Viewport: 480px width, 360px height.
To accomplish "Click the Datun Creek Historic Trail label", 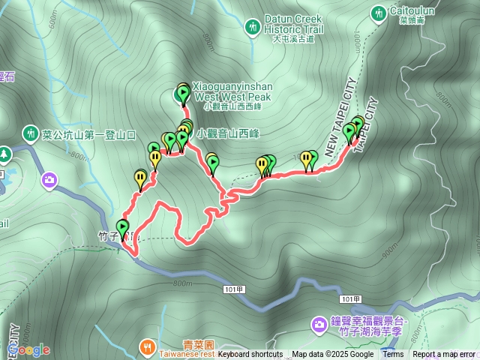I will click(292, 23).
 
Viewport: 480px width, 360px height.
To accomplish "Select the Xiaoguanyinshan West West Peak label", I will click(232, 91).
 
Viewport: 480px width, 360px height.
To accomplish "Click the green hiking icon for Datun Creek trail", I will click(253, 27).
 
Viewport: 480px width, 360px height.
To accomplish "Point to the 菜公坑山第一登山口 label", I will click(89, 135).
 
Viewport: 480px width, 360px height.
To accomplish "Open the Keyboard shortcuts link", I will click(250, 355).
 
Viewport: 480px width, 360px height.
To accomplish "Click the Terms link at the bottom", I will click(393, 355).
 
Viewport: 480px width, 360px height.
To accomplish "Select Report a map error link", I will click(444, 355).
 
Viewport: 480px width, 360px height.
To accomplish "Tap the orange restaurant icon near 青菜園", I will click(147, 346).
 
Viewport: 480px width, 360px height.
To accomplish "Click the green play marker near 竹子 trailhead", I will click(123, 226).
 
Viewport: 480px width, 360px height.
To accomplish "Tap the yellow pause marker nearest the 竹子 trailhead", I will click(139, 178).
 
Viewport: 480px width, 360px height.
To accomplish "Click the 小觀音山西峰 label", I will click(227, 133).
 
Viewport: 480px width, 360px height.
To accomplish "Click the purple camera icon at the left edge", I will click(49, 180).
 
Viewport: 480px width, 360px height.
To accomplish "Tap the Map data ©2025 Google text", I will click(332, 355).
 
